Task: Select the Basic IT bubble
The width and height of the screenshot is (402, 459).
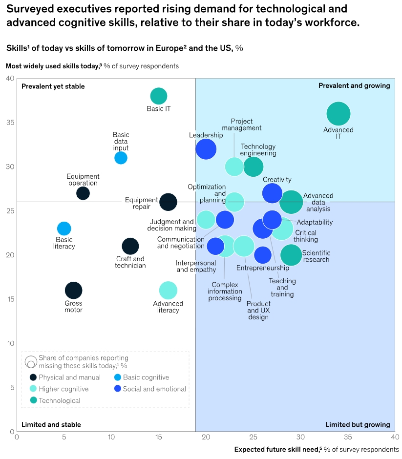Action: (158, 96)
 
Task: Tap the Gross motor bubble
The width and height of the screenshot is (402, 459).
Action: (73, 291)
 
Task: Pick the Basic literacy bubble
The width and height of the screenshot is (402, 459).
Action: (64, 228)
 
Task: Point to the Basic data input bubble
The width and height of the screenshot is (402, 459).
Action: (121, 158)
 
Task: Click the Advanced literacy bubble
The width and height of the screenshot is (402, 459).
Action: (168, 291)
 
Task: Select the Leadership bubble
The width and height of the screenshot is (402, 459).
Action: (206, 149)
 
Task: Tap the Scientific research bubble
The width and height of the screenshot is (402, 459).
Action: (291, 255)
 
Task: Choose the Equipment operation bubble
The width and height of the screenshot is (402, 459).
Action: (83, 193)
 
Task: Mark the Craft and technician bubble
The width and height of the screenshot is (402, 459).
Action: (130, 246)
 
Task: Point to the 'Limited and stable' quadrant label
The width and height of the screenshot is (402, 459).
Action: (51, 424)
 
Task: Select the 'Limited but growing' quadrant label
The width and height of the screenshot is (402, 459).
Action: (358, 424)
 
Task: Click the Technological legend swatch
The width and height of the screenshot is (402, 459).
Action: (33, 400)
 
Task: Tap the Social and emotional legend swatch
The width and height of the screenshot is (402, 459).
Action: (117, 389)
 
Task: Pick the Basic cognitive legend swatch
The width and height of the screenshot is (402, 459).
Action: (117, 377)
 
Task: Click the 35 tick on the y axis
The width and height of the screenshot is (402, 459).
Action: (10, 123)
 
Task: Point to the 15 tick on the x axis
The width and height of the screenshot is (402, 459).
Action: (158, 438)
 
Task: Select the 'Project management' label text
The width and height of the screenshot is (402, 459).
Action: (242, 125)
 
